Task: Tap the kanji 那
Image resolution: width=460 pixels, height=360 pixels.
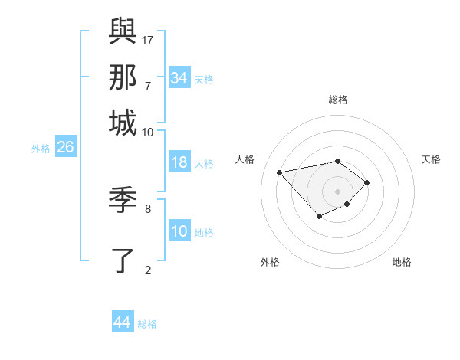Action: coord(123,77)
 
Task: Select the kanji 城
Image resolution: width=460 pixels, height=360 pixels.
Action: coord(123,123)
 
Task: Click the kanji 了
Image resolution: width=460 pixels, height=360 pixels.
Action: coord(123,260)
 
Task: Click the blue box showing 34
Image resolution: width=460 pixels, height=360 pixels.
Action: coord(179,78)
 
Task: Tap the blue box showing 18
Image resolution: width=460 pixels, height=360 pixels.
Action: coord(179,162)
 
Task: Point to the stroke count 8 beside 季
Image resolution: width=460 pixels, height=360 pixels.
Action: coord(148,208)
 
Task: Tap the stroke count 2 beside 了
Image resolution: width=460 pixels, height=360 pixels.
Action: coord(148,269)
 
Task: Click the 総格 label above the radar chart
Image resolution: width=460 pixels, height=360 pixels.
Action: coord(338,100)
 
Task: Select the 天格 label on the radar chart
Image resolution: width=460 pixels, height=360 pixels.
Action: coord(431,159)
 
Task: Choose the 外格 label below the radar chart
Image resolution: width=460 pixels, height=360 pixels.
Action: coord(270,262)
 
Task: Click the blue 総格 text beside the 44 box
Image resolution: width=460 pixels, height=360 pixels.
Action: coord(147,324)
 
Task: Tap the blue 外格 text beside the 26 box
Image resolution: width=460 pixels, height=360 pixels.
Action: coord(41,149)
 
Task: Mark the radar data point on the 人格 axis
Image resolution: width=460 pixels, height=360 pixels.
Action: coord(279,172)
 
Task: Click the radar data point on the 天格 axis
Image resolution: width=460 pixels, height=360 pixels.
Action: coord(368,182)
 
